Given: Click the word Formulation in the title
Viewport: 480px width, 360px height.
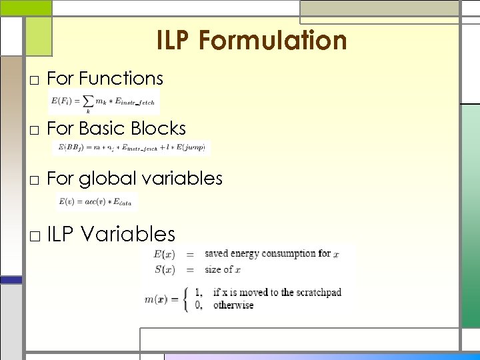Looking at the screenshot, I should [x=273, y=41].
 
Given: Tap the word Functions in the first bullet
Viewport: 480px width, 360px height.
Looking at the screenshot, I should [x=121, y=79].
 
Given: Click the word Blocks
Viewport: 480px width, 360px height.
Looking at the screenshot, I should [x=160, y=128].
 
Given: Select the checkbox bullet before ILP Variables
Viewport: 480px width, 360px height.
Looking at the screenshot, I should [x=35, y=236].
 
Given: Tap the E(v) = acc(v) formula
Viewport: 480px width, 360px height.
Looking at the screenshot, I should [x=97, y=201].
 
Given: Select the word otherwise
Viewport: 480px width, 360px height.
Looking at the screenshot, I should [x=233, y=305].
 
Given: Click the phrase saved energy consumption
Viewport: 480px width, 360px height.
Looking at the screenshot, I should [x=259, y=253].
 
